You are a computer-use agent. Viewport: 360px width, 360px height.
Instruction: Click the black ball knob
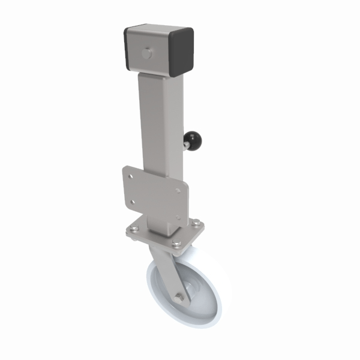point(195,141)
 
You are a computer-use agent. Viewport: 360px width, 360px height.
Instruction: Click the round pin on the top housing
point(146,54)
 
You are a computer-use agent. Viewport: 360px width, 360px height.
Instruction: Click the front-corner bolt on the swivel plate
point(176,243)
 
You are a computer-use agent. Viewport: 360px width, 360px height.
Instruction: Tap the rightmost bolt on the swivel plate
point(196,224)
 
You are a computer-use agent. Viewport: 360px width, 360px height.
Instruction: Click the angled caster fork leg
point(170,270)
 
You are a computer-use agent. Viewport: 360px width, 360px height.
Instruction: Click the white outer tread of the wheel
point(219,288)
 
